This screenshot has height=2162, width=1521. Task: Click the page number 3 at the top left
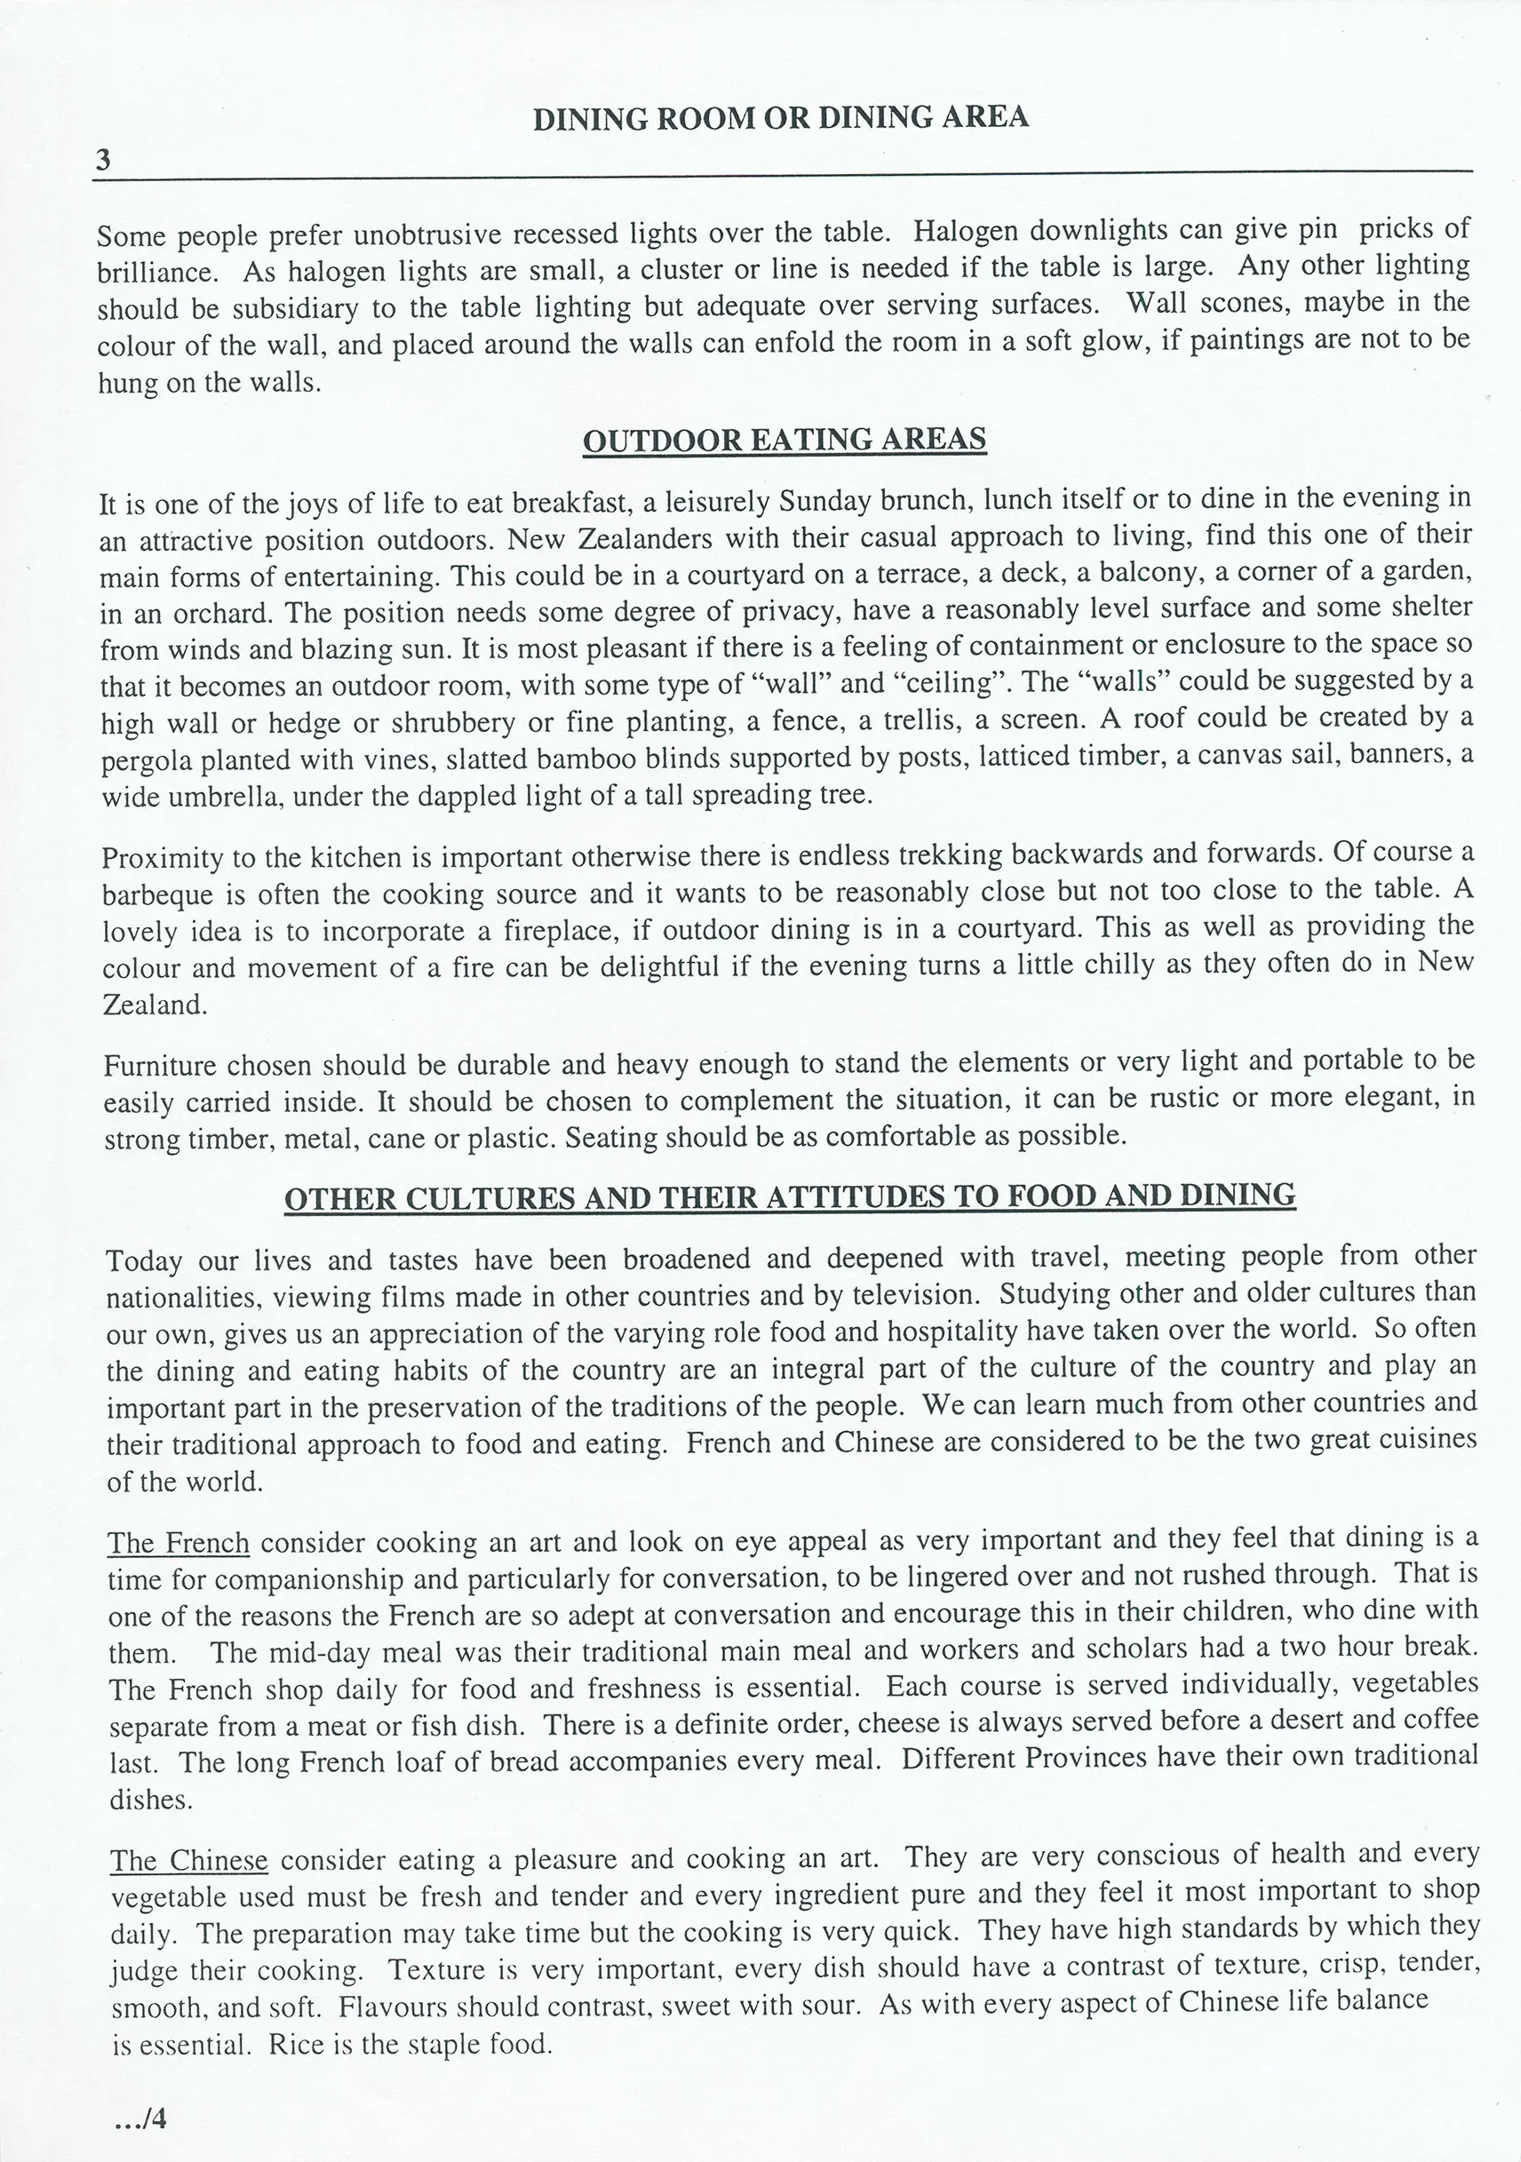coord(103,160)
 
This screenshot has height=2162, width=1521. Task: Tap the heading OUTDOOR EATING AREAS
coord(784,440)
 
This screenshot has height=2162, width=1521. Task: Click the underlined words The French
coord(178,1544)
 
